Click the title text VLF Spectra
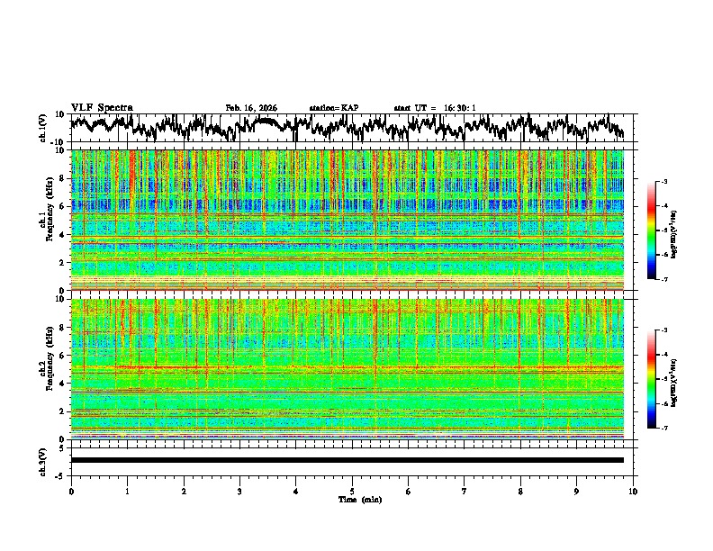click(x=102, y=107)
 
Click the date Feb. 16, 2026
click(x=251, y=108)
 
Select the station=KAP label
click(x=333, y=108)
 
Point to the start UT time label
click(x=435, y=108)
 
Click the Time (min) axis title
click(x=359, y=499)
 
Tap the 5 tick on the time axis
click(x=352, y=492)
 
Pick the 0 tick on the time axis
click(x=71, y=492)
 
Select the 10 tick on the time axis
click(x=633, y=492)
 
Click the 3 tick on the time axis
click(x=239, y=492)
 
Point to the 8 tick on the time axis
click(x=520, y=492)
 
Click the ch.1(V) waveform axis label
click(x=43, y=128)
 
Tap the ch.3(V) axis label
click(x=43, y=460)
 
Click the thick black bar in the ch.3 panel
click(x=347, y=460)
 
